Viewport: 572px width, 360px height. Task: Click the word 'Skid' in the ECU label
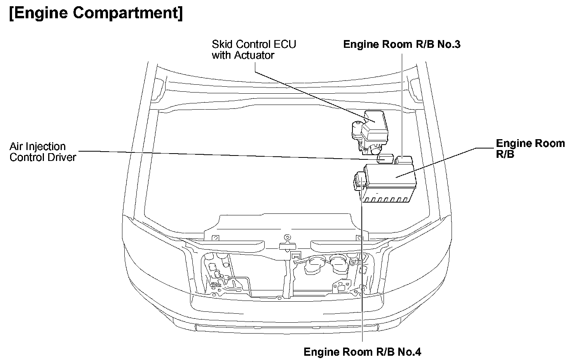pos(220,44)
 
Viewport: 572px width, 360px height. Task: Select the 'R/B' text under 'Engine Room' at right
pos(505,154)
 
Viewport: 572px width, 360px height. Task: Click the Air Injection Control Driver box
pos(386,159)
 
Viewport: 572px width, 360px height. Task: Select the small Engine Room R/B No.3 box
pos(404,159)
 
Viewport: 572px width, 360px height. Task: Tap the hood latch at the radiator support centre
pos(287,245)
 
